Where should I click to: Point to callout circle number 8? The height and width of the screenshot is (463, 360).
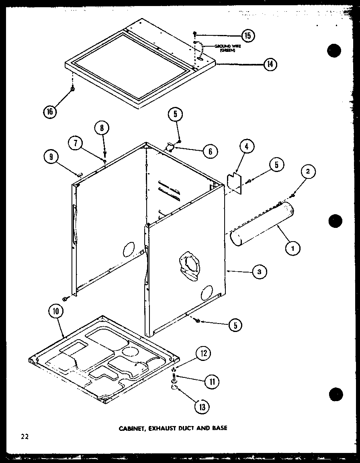tap(102, 129)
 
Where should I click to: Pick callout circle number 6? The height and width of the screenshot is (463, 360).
tap(209, 151)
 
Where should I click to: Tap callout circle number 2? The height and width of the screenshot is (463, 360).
tap(308, 172)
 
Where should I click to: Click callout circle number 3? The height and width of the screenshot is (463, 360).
tap(259, 272)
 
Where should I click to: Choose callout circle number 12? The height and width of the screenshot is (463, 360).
tap(203, 354)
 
